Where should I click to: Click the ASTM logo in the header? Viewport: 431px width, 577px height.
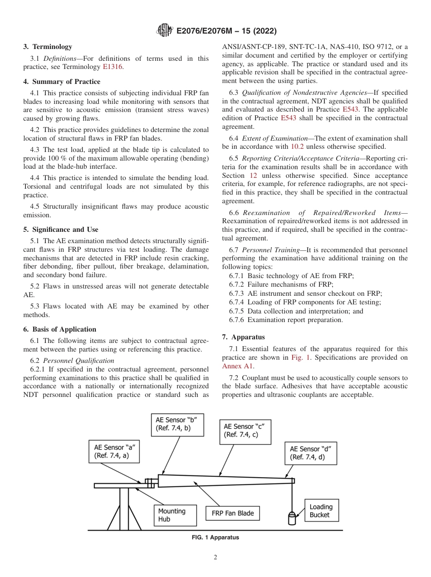[x=164, y=31]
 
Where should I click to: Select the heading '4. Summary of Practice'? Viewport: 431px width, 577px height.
[x=62, y=82]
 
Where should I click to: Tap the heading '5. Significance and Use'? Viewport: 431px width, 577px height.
[x=61, y=230]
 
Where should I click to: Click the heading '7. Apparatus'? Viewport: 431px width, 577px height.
[x=243, y=337]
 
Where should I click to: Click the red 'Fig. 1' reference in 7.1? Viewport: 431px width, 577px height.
[x=300, y=357]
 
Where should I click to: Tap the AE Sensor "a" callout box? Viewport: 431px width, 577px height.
[x=114, y=451]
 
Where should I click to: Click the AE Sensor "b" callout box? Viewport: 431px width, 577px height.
[x=176, y=424]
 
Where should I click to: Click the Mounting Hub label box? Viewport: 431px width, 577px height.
[x=175, y=515]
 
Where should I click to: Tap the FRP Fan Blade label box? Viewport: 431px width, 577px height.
[x=233, y=513]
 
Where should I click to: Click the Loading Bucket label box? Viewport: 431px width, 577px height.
[x=321, y=511]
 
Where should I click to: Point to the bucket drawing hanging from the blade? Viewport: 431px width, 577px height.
[x=292, y=518]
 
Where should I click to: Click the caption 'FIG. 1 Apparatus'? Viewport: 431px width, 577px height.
[x=215, y=538]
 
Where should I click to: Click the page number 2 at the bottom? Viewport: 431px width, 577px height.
[x=215, y=557]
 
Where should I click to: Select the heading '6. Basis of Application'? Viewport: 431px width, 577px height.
[x=64, y=329]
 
